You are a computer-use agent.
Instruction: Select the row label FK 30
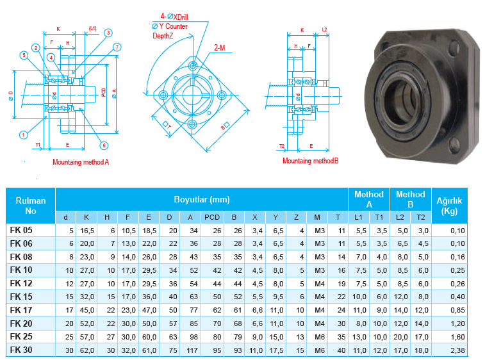[21, 350]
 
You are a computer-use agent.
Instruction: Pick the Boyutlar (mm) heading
[201, 199]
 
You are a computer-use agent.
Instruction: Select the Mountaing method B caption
[310, 161]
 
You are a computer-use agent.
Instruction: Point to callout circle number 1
[24, 135]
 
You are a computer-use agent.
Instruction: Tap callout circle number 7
[117, 47]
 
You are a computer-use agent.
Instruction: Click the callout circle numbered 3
[108, 33]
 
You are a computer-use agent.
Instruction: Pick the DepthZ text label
[163, 36]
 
